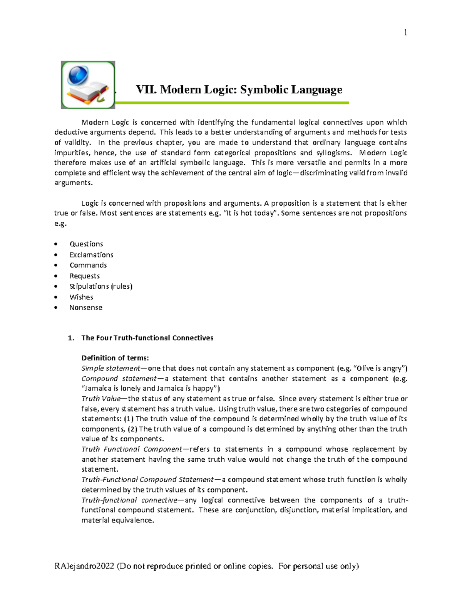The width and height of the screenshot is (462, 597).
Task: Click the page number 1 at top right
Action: pyautogui.click(x=405, y=33)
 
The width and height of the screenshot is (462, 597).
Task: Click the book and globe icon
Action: pyautogui.click(x=88, y=85)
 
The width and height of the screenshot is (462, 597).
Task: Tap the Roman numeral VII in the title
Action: pyautogui.click(x=146, y=90)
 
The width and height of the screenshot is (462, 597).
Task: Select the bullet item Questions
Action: pyautogui.click(x=86, y=244)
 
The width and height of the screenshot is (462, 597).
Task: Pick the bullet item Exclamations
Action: pyautogui.click(x=91, y=255)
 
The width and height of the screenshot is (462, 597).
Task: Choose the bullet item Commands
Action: pyautogui.click(x=88, y=265)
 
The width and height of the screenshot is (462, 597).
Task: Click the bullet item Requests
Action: pyautogui.click(x=84, y=276)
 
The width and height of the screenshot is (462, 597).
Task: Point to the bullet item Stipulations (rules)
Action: pyautogui.click(x=101, y=286)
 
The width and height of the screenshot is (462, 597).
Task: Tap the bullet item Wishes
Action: pyautogui.click(x=81, y=297)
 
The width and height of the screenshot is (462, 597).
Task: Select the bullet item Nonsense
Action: pyautogui.click(x=86, y=308)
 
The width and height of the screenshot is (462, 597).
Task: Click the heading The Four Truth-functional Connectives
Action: pyautogui.click(x=147, y=338)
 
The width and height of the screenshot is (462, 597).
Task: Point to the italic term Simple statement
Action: pyautogui.click(x=110, y=368)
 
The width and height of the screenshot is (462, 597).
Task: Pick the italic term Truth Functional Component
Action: pyautogui.click(x=132, y=449)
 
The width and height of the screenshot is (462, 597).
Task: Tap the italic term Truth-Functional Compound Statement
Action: pyautogui.click(x=147, y=479)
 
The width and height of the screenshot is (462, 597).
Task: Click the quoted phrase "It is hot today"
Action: pyautogui.click(x=250, y=213)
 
